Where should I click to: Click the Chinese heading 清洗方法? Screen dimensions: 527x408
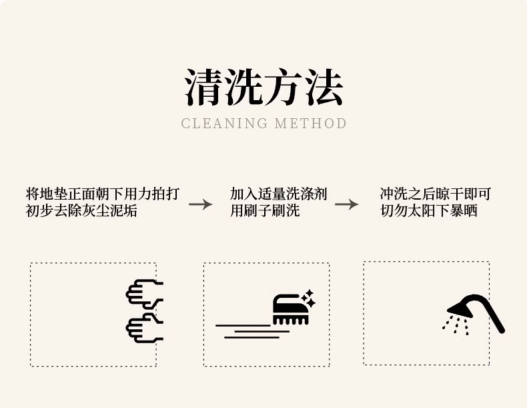click(263, 87)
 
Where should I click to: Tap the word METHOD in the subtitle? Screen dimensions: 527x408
click(311, 124)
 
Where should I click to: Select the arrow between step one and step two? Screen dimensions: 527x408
click(200, 204)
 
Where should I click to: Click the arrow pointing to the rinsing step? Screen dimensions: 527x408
click(346, 204)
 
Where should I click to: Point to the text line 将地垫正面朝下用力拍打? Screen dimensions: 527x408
click(103, 194)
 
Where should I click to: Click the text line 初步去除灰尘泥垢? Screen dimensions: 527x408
click(81, 212)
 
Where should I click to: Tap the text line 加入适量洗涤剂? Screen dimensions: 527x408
click(279, 194)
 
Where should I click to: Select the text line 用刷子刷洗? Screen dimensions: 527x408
click(265, 212)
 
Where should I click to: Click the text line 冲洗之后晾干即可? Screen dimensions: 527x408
click(436, 194)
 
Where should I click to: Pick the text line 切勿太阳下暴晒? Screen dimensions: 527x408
click(429, 212)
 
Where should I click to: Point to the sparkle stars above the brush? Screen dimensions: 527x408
click(308, 297)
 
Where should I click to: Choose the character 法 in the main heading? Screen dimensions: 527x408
click(324, 87)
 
